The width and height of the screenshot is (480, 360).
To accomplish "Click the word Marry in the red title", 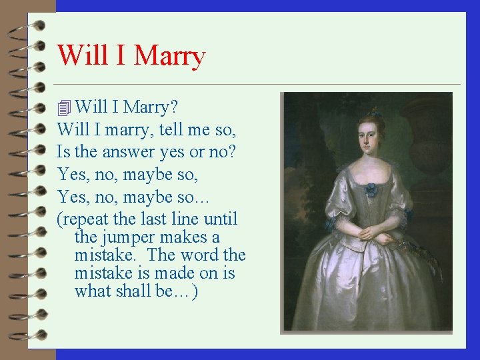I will (x=169, y=55).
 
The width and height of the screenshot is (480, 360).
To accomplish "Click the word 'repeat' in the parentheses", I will (x=83, y=219).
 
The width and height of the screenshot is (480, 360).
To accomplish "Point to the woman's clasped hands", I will (x=372, y=234).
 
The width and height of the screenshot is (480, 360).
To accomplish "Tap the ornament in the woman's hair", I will (x=377, y=112).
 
